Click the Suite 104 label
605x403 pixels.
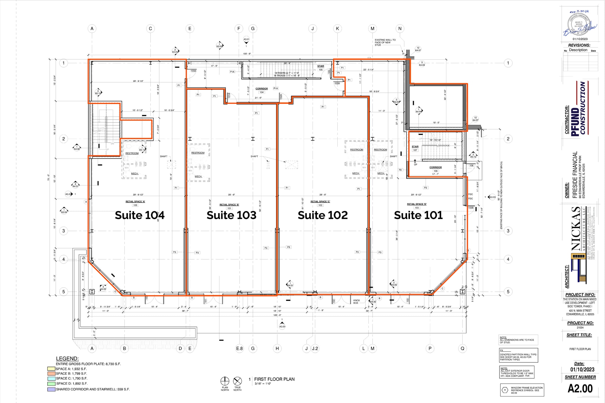139,215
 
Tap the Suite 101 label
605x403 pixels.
418,215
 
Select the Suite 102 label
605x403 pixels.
323,215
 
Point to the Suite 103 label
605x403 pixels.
231,215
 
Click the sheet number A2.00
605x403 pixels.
580,389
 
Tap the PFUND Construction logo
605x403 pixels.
579,108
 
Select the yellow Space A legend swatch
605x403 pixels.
51,369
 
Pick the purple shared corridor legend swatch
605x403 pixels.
51,389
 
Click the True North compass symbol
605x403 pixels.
238,381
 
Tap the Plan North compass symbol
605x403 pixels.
225,381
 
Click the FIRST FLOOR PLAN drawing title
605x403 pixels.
274,379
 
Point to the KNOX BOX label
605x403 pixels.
356,301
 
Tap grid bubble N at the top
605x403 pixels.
400,29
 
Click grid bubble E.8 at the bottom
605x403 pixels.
239,348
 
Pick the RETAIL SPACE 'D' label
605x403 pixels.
417,204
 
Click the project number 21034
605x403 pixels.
580,327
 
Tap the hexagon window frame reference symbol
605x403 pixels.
505,390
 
